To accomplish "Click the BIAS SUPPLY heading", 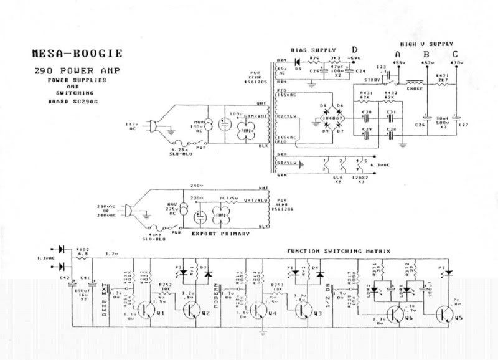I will point(313,49).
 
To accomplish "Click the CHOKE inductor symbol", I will point(416,82).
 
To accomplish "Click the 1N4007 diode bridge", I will point(330,115).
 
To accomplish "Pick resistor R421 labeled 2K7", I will point(442,82).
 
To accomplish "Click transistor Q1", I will point(148,310).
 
